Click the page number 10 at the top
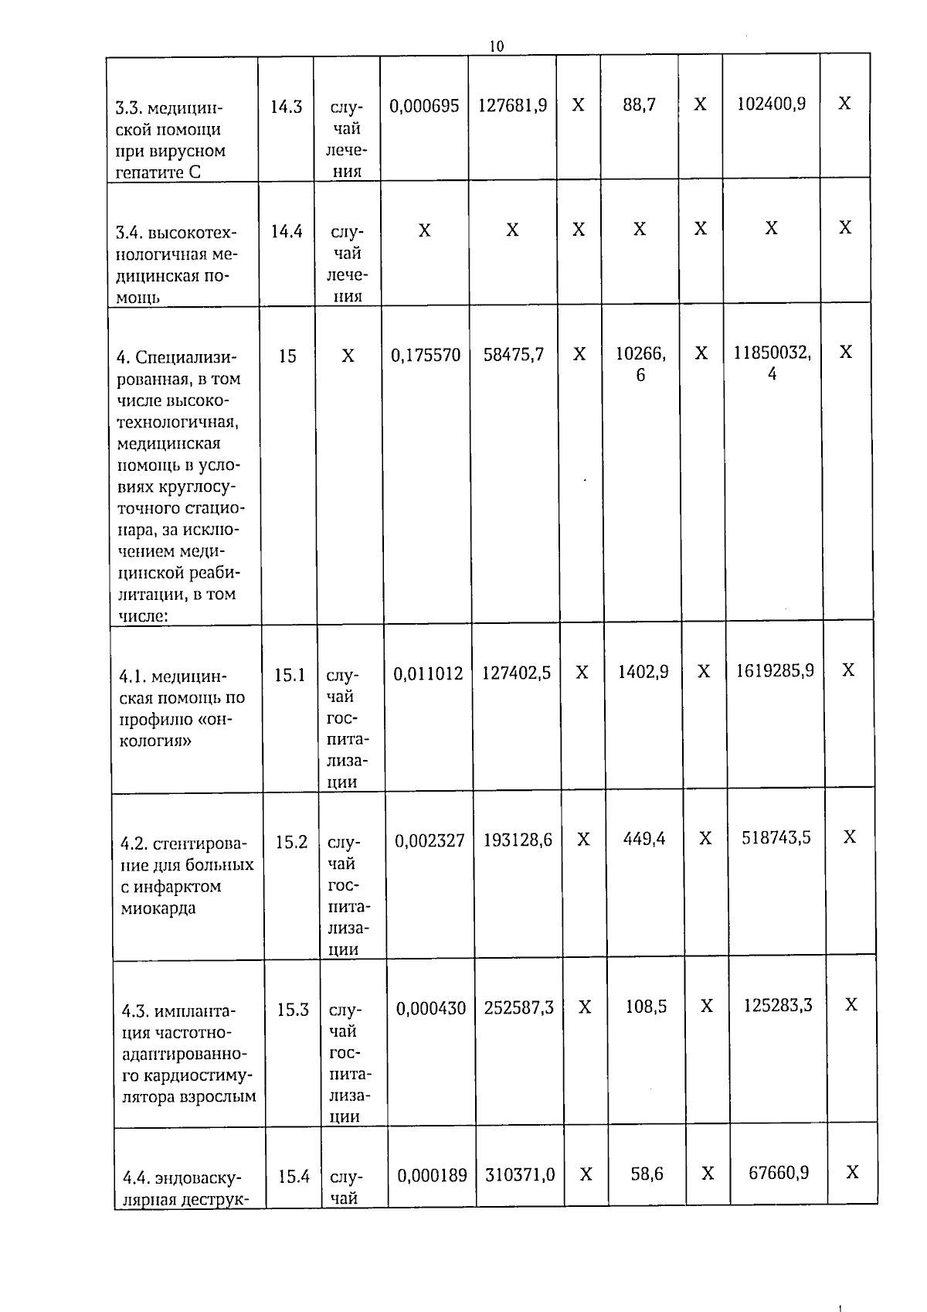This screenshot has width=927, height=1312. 497,46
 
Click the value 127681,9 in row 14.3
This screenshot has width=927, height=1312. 512,105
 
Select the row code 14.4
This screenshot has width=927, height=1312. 287,231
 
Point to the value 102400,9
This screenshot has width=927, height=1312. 771,104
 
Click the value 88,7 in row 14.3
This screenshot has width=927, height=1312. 640,104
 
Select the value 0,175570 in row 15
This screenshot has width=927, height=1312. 426,356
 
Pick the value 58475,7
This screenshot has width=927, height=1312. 514,355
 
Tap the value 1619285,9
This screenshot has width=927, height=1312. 774,670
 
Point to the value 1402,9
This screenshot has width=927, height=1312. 643,672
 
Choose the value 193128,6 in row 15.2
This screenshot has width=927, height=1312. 518,840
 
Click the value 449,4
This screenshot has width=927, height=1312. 644,839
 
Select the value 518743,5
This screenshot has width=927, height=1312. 776,837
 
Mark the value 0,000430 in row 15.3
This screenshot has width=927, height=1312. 431,1008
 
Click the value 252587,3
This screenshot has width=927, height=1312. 519,1007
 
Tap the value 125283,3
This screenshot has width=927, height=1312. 777,1005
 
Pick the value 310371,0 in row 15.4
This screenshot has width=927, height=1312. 520,1175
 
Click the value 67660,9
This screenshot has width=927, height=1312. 779,1173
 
